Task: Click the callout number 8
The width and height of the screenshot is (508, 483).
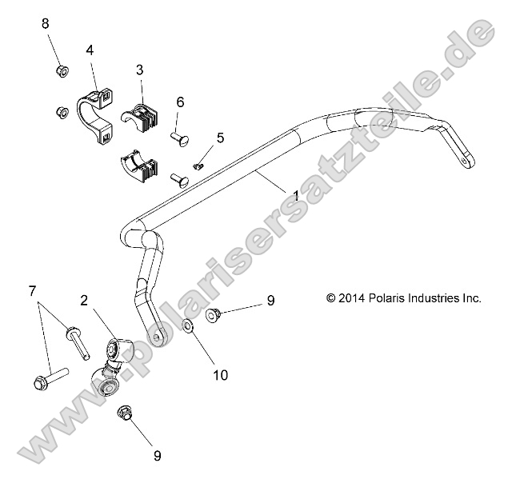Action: point(45,24)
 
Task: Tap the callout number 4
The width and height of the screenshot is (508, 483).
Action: point(90,50)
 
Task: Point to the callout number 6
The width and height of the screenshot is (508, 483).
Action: point(180,102)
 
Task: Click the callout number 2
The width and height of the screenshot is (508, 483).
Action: point(83,301)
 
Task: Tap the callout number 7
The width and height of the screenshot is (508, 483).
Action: point(32,289)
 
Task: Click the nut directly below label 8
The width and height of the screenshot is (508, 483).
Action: point(62,72)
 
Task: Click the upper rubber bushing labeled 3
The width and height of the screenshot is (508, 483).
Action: point(147,119)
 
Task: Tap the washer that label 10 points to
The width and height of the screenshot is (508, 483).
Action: point(187,328)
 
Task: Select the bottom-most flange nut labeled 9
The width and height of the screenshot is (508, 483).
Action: point(123,414)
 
